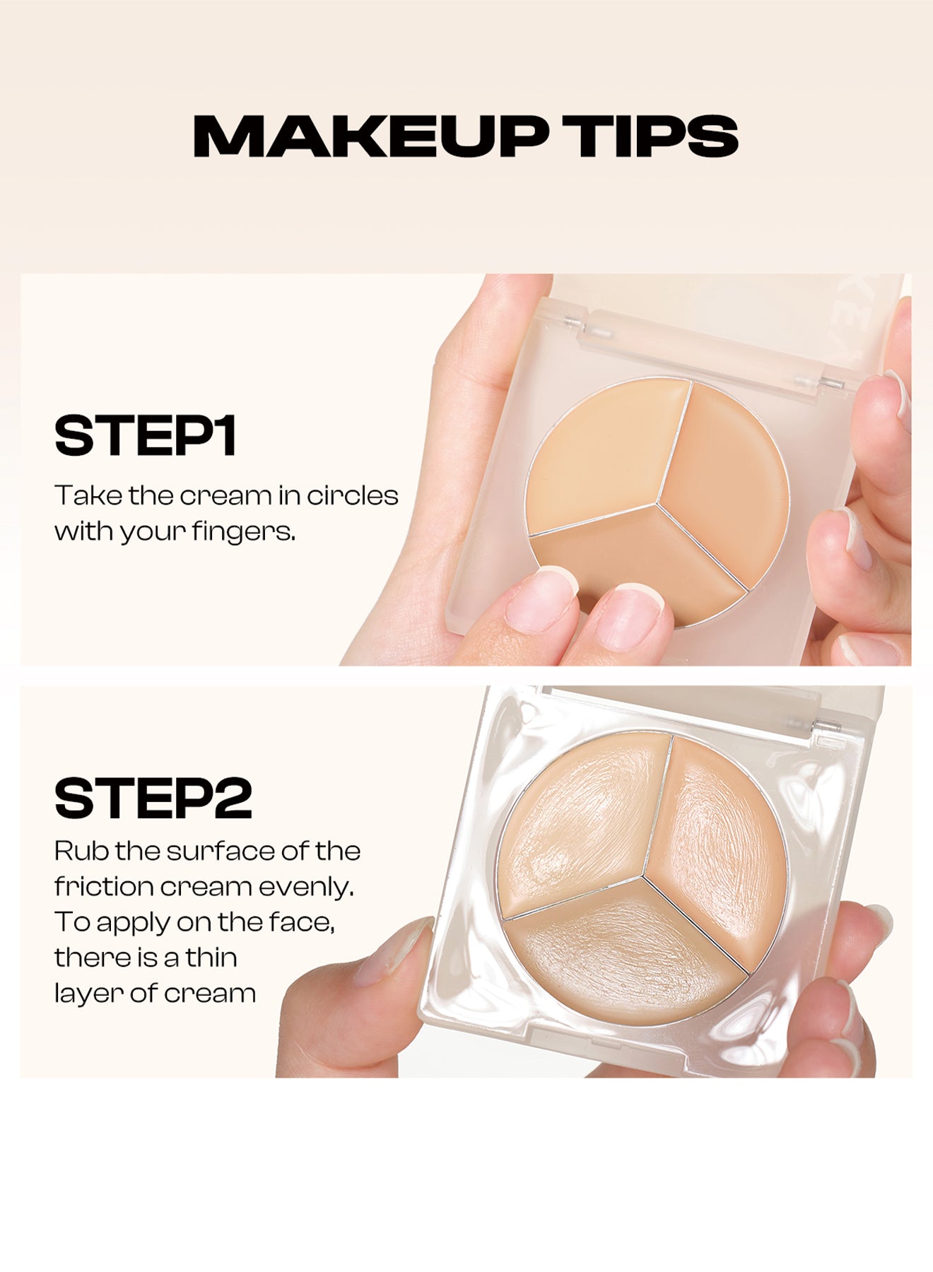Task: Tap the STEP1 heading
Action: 145,436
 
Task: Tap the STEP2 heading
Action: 153,799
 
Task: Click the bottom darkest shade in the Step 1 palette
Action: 636,558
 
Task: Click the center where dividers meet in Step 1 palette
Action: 658,503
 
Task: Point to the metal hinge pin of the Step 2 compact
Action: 827,725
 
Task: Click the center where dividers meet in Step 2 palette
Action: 642,878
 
